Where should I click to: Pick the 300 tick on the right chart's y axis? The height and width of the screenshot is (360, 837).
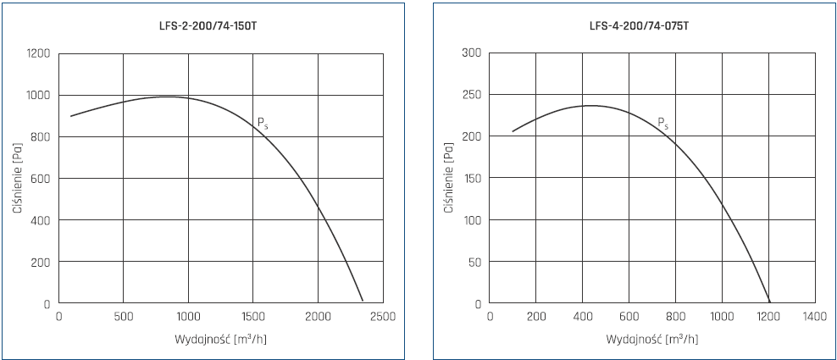(472, 54)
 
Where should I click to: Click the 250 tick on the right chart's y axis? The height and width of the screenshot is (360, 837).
(472, 96)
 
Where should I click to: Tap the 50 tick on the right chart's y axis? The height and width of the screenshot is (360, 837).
(474, 262)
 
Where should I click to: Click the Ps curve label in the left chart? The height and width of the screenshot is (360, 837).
(263, 124)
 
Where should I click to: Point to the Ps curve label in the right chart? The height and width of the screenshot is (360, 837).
(663, 124)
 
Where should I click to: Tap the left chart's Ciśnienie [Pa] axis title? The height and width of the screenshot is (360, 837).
(18, 178)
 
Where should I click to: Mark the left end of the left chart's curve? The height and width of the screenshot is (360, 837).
(70, 116)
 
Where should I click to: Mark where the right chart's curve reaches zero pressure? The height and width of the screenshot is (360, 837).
(769, 302)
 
